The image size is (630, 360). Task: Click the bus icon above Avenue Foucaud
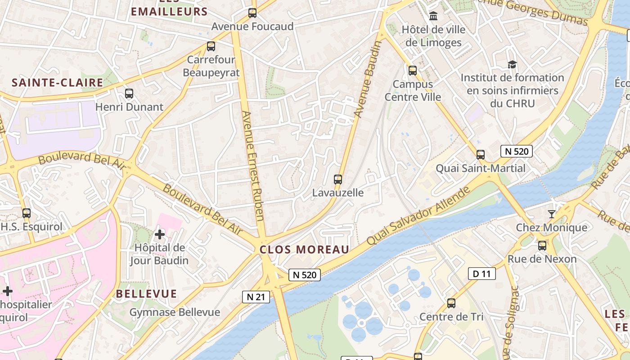[x=252, y=13]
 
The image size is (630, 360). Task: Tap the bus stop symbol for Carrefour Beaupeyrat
[x=211, y=46]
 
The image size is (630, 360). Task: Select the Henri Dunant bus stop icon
[x=129, y=94]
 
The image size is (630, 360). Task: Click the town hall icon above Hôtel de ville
[x=433, y=16]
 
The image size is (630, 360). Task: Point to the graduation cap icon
[x=512, y=65]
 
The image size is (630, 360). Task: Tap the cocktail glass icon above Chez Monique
[x=552, y=214]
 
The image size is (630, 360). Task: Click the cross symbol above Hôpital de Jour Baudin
[x=160, y=234]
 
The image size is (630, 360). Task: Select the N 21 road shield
[x=256, y=297]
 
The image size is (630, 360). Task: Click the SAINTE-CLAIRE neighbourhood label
[x=58, y=82]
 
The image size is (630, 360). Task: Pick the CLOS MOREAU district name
[x=305, y=250]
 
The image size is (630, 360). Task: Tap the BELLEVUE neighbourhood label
[x=147, y=294]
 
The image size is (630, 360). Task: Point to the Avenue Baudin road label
[x=368, y=80]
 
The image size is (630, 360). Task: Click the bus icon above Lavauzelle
[x=338, y=179]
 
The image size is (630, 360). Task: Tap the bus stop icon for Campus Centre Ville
[x=413, y=71]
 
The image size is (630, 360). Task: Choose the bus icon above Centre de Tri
[x=451, y=303]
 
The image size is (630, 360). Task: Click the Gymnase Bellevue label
[x=175, y=312]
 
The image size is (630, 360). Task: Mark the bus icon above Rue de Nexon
[x=542, y=246]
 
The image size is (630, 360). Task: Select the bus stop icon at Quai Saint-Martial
[x=481, y=155]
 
